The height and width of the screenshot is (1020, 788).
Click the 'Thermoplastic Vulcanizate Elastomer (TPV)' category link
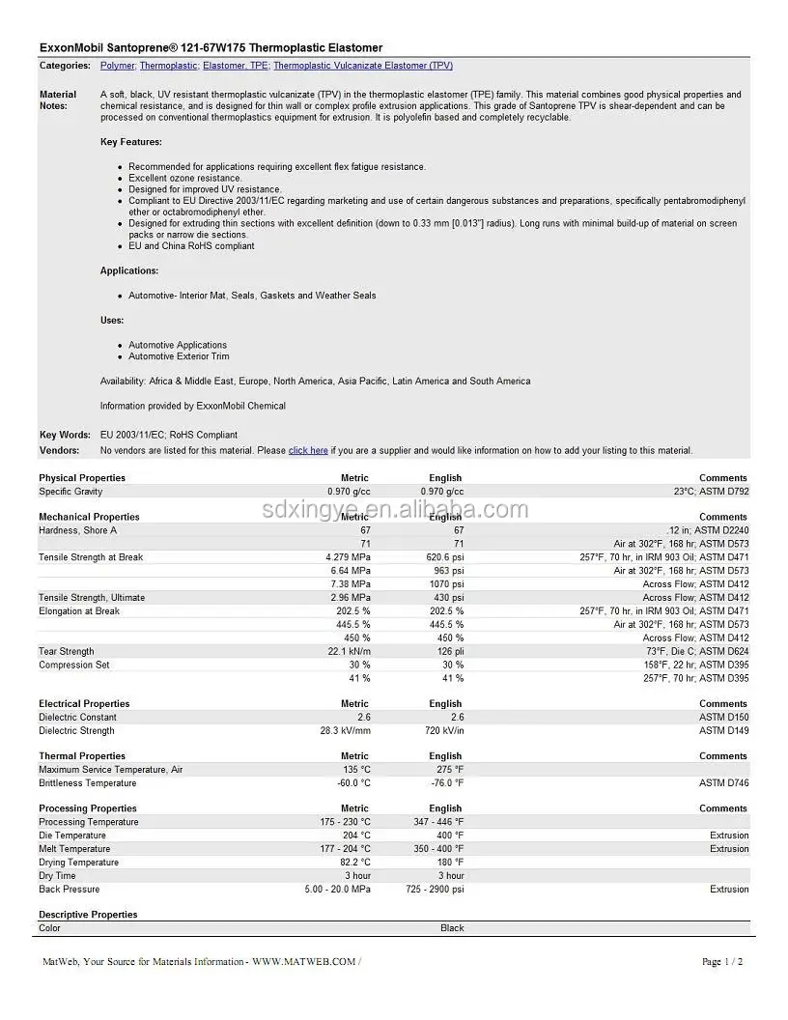click(362, 66)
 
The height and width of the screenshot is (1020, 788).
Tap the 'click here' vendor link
click(308, 450)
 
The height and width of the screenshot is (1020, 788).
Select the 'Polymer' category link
click(118, 66)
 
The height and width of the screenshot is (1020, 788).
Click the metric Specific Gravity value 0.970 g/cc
click(349, 492)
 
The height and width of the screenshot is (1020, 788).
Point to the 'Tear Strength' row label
click(67, 652)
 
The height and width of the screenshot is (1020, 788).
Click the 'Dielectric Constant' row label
click(77, 718)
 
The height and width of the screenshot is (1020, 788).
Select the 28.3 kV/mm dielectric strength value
click(345, 731)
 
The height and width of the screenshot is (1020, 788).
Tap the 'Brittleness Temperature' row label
click(87, 783)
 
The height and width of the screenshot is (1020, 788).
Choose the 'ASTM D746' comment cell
click(723, 783)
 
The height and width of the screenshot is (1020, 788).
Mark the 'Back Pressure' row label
click(69, 890)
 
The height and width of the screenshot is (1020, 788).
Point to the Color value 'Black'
click(452, 928)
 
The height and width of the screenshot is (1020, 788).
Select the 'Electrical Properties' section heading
click(84, 704)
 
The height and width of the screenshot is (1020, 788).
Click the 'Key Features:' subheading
click(130, 142)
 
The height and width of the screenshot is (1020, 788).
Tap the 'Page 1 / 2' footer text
click(722, 962)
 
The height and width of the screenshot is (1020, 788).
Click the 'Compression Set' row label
click(73, 666)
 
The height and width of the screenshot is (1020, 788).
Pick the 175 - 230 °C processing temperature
click(339, 822)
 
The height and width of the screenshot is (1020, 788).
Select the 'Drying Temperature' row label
click(78, 863)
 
